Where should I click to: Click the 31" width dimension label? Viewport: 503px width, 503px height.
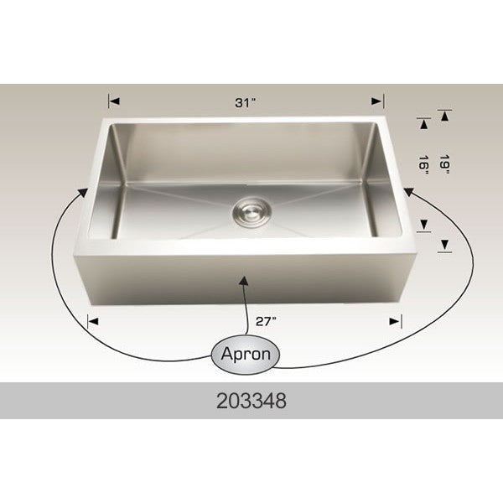(x=246, y=102)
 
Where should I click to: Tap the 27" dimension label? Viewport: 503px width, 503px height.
(x=266, y=321)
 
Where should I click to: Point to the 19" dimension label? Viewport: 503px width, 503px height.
(x=445, y=164)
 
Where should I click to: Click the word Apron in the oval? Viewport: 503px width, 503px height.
(x=246, y=354)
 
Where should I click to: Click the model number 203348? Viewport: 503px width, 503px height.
(x=251, y=401)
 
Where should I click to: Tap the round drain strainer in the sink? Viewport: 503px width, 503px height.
(x=251, y=212)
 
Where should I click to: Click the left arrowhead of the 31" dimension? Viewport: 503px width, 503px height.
(x=114, y=101)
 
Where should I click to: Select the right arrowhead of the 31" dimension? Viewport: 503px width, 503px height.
(x=377, y=101)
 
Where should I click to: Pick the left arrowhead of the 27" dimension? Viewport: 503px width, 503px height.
(x=93, y=321)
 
